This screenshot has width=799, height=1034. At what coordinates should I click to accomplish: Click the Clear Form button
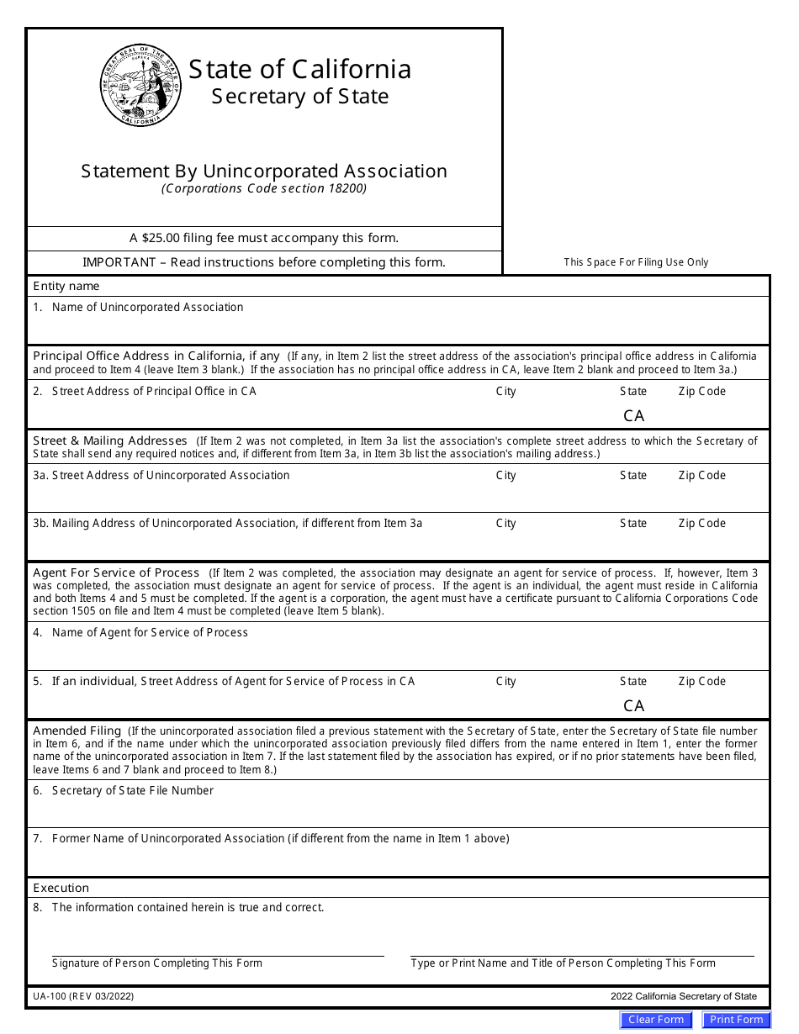pyautogui.click(x=656, y=1020)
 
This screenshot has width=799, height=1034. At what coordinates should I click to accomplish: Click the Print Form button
pyautogui.click(x=736, y=1020)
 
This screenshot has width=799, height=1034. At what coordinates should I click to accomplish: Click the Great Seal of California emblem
pyautogui.click(x=141, y=85)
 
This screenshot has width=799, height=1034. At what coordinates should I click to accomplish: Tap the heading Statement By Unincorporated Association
pyautogui.click(x=264, y=171)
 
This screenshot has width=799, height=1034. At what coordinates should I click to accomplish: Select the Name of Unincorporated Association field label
pyautogui.click(x=147, y=308)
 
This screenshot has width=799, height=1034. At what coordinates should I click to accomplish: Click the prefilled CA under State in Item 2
pyautogui.click(x=633, y=416)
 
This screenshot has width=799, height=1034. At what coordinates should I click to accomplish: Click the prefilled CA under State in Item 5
pyautogui.click(x=633, y=706)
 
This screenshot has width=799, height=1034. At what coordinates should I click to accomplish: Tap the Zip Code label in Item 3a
pyautogui.click(x=701, y=476)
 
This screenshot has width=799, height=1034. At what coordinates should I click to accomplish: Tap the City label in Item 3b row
pyautogui.click(x=505, y=524)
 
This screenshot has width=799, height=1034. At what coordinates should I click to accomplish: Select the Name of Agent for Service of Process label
pyautogui.click(x=150, y=633)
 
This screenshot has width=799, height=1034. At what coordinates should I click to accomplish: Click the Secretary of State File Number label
pyautogui.click(x=132, y=791)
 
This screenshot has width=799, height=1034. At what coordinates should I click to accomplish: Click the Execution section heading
pyautogui.click(x=61, y=889)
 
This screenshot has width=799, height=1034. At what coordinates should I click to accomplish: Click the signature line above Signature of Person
pyautogui.click(x=218, y=955)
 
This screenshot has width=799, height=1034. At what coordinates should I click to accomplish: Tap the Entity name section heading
pyautogui.click(x=66, y=287)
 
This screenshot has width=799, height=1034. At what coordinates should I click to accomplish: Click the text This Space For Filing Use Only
pyautogui.click(x=636, y=262)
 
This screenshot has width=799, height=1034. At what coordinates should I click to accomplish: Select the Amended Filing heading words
pyautogui.click(x=77, y=731)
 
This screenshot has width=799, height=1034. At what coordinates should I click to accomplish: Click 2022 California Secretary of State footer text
pyautogui.click(x=683, y=996)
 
